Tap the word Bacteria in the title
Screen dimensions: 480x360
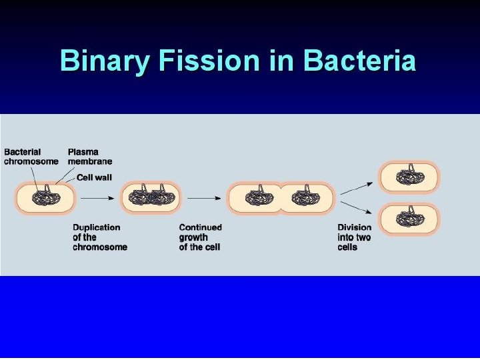coord(359,61)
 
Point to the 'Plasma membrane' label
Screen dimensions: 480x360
coord(90,157)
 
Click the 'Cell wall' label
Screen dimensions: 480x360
coord(94,177)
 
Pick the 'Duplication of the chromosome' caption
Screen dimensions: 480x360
coord(100,237)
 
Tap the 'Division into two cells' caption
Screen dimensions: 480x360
coord(354,237)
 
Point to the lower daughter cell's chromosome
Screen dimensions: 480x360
coord(410,218)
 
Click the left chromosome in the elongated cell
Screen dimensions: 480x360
coord(257,197)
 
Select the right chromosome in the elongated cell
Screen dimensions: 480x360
coord(304,197)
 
